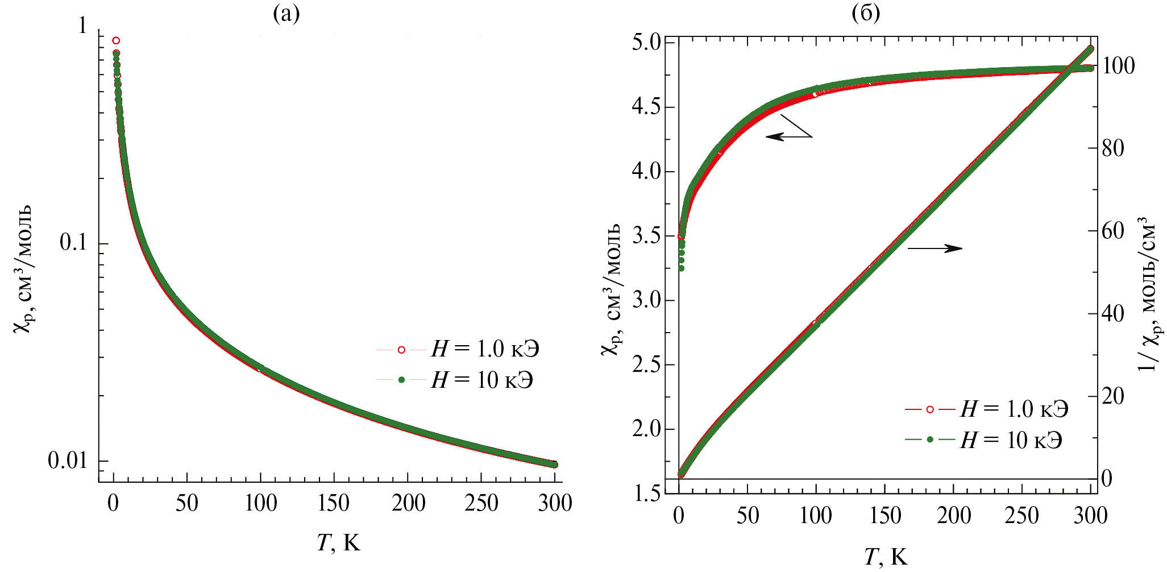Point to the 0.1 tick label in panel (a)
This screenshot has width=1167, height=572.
pos(73,243)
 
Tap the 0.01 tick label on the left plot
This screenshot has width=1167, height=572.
pos(68,461)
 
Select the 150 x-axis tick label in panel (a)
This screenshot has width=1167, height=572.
pos(334,503)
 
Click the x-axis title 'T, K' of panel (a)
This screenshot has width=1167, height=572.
pos(338,543)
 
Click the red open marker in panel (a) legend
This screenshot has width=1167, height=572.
pos(401,350)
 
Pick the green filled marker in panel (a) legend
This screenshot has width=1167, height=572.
pos(401,380)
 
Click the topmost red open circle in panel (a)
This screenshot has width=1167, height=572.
pos(116,40)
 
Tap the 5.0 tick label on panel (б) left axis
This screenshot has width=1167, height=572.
pos(646,43)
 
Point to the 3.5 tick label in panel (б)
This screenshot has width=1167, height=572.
pos(646,236)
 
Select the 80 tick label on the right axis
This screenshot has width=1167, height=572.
pos(1113,148)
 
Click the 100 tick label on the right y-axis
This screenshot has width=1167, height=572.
pos(1118,66)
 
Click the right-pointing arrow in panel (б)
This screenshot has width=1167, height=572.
pos(935,248)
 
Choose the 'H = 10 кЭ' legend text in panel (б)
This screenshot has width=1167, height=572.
pos(1012,440)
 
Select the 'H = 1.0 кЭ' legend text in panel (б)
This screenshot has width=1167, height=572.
pos(1015,409)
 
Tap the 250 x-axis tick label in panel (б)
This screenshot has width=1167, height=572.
pos(1021,516)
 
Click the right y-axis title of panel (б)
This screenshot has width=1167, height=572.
pos(1148,296)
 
